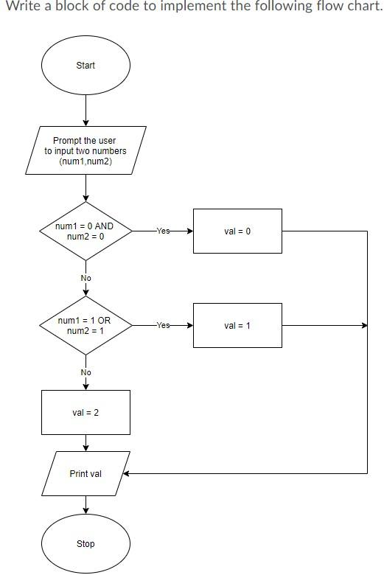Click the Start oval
[85, 66]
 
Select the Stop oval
[85, 543]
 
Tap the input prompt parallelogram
[85, 150]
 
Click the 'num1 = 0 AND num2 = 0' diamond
[85, 231]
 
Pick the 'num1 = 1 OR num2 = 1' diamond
[85, 326]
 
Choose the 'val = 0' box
[237, 231]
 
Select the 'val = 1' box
[237, 325]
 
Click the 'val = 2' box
[85, 412]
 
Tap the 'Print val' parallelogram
[85, 473]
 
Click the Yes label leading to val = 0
[163, 231]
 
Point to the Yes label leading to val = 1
[163, 325]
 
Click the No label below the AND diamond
[86, 278]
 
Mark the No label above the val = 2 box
[86, 372]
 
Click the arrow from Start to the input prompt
[86, 112]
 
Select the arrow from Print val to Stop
[86, 505]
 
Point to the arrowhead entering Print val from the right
[126, 473]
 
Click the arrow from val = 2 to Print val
[86, 442]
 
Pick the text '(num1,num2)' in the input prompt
[85, 161]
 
